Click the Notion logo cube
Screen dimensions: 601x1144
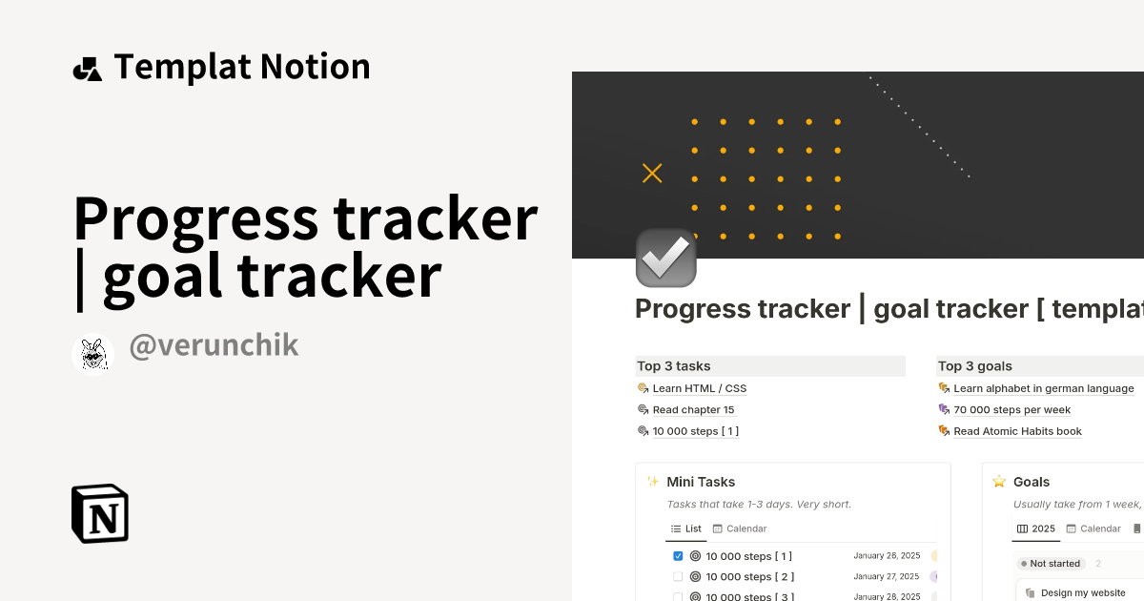tap(100, 513)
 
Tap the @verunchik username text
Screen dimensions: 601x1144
tap(214, 345)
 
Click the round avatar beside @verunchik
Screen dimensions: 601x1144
tap(93, 355)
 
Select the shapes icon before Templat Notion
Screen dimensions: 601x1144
tap(87, 69)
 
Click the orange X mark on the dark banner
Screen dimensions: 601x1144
tap(652, 173)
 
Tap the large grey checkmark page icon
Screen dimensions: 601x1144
tap(666, 258)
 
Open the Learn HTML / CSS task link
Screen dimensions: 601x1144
tap(699, 388)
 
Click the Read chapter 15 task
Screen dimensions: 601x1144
tap(693, 410)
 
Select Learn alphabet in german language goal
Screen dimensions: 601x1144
tap(1043, 388)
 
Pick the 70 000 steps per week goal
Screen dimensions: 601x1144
tap(1011, 410)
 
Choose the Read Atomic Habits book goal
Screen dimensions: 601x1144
tap(1017, 431)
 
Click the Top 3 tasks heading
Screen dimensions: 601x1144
tap(674, 366)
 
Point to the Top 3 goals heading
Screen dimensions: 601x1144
tap(975, 366)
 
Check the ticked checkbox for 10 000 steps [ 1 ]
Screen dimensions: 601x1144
tap(678, 556)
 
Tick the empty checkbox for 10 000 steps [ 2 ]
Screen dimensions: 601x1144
tap(678, 577)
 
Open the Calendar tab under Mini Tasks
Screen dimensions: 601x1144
tap(740, 528)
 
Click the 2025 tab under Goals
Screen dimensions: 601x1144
tap(1036, 528)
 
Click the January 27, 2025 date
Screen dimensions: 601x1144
tap(887, 577)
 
